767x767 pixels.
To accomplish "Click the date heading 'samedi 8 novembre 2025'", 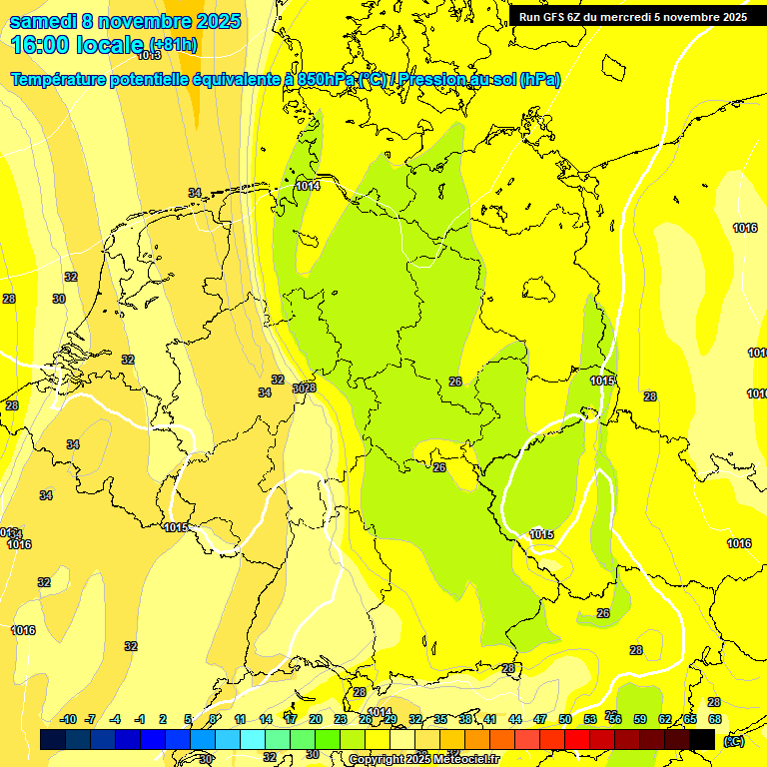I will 125,21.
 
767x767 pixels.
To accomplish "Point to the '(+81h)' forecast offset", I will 173,45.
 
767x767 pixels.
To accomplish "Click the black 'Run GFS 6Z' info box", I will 632,16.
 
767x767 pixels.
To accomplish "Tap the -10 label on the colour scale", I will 68,719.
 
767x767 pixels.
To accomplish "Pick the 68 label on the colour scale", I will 714,719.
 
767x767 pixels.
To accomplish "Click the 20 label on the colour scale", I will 316,719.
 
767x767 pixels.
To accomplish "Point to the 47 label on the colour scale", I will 540,719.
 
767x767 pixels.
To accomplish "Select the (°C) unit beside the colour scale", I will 734,740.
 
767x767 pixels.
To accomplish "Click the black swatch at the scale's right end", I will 702,739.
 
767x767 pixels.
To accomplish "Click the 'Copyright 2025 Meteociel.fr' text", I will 423,760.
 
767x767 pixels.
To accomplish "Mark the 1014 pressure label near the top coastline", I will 308,186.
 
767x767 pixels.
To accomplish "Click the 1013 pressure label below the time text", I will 149,84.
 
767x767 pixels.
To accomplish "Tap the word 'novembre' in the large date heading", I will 145,21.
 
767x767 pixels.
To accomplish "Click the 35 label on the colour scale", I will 440,719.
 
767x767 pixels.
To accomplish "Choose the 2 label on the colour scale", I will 163,719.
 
